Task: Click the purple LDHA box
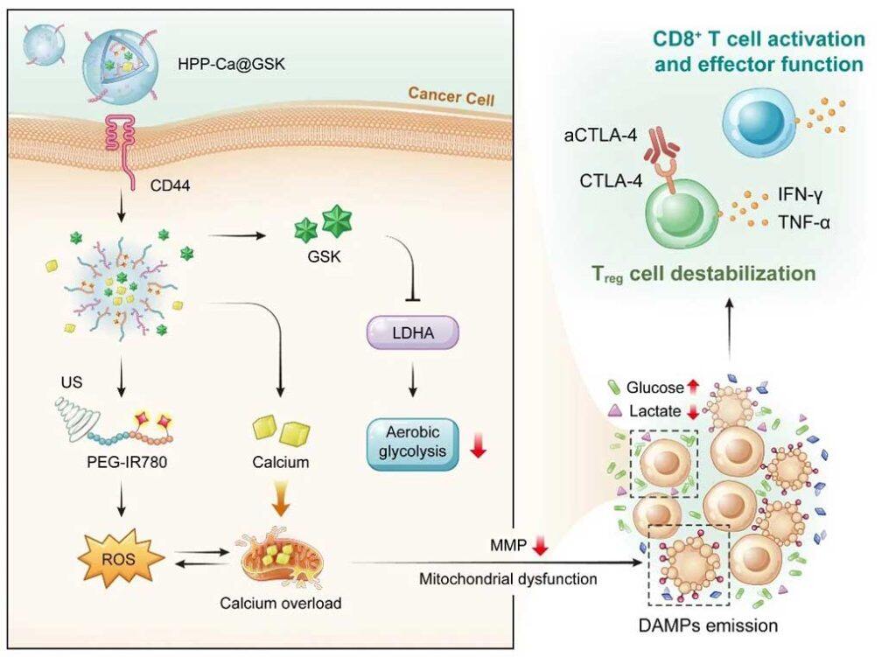[x=404, y=334]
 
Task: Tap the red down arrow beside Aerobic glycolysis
[x=478, y=444]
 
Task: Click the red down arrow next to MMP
[x=540, y=549]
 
